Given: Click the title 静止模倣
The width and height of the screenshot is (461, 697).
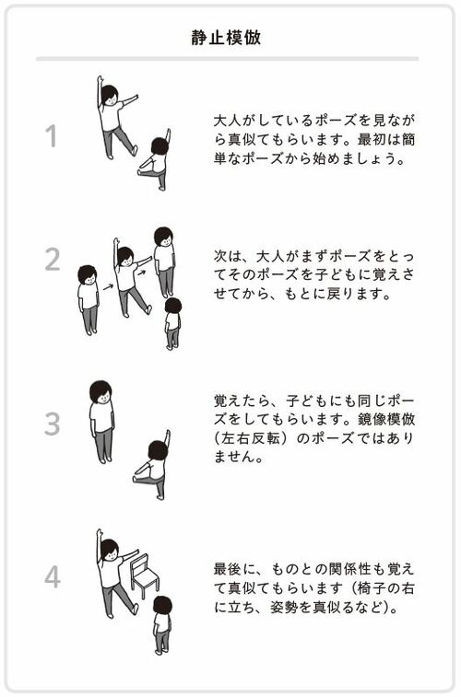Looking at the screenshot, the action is [x=226, y=38].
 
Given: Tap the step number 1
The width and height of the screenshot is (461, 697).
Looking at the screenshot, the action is [x=52, y=136].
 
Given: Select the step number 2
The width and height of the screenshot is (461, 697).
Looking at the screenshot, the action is [x=52, y=259].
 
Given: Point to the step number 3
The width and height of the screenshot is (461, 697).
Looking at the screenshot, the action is [x=52, y=424].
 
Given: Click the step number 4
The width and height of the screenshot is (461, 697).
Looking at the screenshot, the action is [x=53, y=576].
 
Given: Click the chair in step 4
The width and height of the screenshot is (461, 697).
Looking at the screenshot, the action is [x=144, y=576].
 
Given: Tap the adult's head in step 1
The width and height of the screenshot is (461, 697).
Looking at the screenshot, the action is [x=110, y=95].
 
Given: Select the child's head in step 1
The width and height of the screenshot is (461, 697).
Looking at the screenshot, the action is [x=160, y=146].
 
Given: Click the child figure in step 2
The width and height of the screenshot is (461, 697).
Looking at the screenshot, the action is [x=172, y=323].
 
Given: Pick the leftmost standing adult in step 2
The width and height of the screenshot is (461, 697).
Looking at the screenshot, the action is [x=89, y=300].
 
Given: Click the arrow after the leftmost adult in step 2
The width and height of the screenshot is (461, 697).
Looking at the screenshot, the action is [x=108, y=286].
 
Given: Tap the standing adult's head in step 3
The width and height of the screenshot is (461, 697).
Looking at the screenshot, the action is [x=100, y=391].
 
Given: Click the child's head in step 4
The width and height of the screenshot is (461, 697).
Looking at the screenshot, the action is [x=162, y=606].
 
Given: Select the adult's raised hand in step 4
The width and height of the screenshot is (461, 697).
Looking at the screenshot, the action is [x=99, y=532].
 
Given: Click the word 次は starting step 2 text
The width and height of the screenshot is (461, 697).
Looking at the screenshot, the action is [x=228, y=256].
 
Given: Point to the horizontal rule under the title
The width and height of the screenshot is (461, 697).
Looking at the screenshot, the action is [x=228, y=59].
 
